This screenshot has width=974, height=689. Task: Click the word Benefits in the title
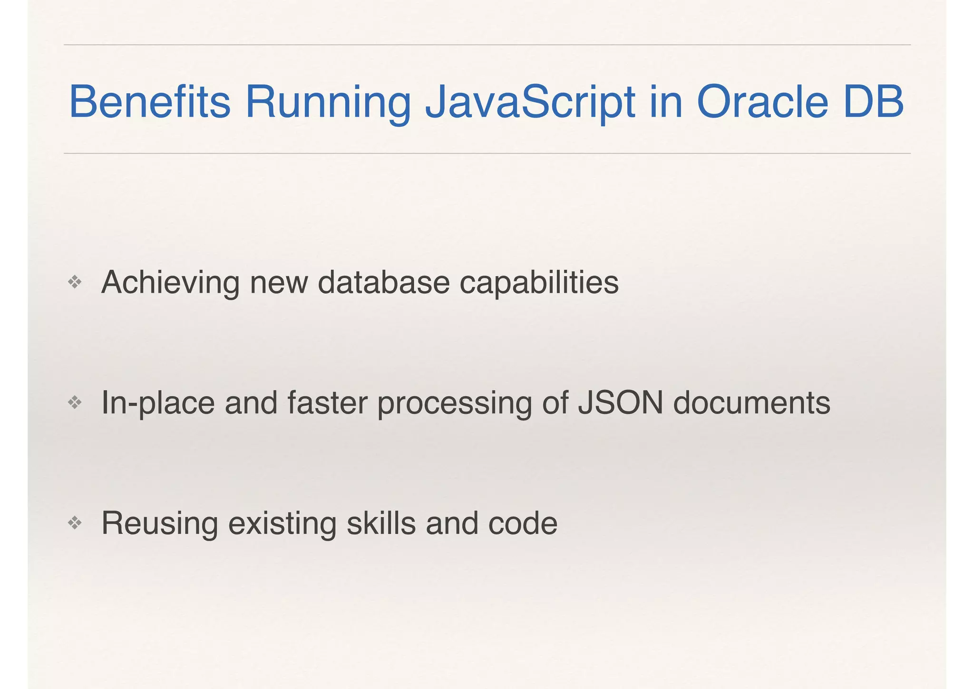pyautogui.click(x=150, y=102)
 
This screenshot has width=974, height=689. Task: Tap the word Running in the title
pyautogui.click(x=328, y=102)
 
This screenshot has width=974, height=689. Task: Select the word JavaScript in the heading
pyautogui.click(x=530, y=102)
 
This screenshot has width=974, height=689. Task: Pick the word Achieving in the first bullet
pyautogui.click(x=170, y=283)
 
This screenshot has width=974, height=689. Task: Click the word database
pyautogui.click(x=383, y=283)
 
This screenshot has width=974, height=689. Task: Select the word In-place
pyautogui.click(x=158, y=403)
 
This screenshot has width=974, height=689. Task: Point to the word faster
pyautogui.click(x=327, y=403)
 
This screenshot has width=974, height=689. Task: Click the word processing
pyautogui.click(x=455, y=403)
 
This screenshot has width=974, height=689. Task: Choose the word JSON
pyautogui.click(x=620, y=403)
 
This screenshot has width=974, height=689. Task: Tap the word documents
pyautogui.click(x=752, y=403)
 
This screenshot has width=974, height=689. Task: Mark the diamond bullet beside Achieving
pyautogui.click(x=75, y=283)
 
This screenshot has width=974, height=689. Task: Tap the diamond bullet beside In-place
pyautogui.click(x=75, y=403)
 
